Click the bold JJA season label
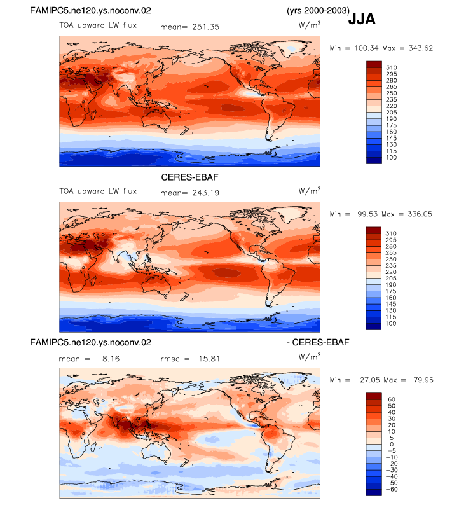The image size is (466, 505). [362, 19]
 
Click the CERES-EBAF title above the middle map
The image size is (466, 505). [189, 177]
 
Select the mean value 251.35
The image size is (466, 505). [205, 27]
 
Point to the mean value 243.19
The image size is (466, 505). [205, 193]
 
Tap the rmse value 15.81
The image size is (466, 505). [209, 359]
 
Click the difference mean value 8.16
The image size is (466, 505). [111, 359]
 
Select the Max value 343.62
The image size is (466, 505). [421, 48]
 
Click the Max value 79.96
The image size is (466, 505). [423, 380]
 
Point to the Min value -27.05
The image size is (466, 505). [367, 380]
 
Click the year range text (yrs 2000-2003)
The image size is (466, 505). [318, 11]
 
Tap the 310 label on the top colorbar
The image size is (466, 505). [392, 67]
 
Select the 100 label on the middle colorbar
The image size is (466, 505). [391, 324]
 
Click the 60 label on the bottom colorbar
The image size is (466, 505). [392, 399]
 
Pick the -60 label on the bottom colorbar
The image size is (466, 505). [392, 490]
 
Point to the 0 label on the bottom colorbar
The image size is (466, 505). [392, 445]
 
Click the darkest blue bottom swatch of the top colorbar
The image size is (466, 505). [374, 161]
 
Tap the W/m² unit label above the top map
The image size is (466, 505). [309, 25]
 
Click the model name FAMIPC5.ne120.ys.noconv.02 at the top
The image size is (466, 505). [90, 11]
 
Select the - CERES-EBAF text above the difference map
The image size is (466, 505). [318, 342]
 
